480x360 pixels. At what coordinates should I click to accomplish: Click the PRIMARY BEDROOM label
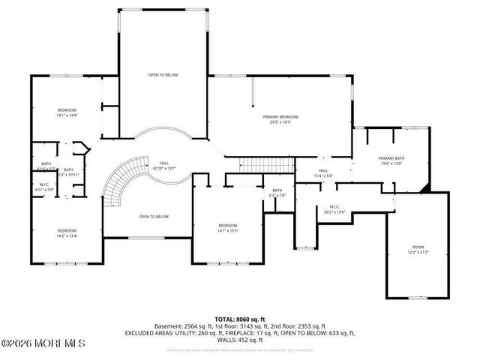[x=280, y=119]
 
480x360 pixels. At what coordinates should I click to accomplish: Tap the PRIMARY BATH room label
[x=391, y=160]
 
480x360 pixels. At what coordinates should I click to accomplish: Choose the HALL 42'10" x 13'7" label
[x=164, y=166]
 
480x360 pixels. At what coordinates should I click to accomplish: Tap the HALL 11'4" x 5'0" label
[x=324, y=173]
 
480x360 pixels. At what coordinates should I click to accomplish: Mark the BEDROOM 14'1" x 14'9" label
[x=67, y=112]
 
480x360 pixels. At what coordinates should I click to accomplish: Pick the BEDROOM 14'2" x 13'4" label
[x=67, y=233]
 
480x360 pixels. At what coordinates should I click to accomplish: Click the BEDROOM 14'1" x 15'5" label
[x=227, y=228]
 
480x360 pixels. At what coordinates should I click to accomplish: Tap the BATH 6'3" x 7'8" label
[x=277, y=193]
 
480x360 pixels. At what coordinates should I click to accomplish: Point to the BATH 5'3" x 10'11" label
[x=68, y=172]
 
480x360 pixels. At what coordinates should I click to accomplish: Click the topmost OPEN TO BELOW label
[x=163, y=76]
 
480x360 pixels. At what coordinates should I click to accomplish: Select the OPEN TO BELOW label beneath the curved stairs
[x=153, y=217]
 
